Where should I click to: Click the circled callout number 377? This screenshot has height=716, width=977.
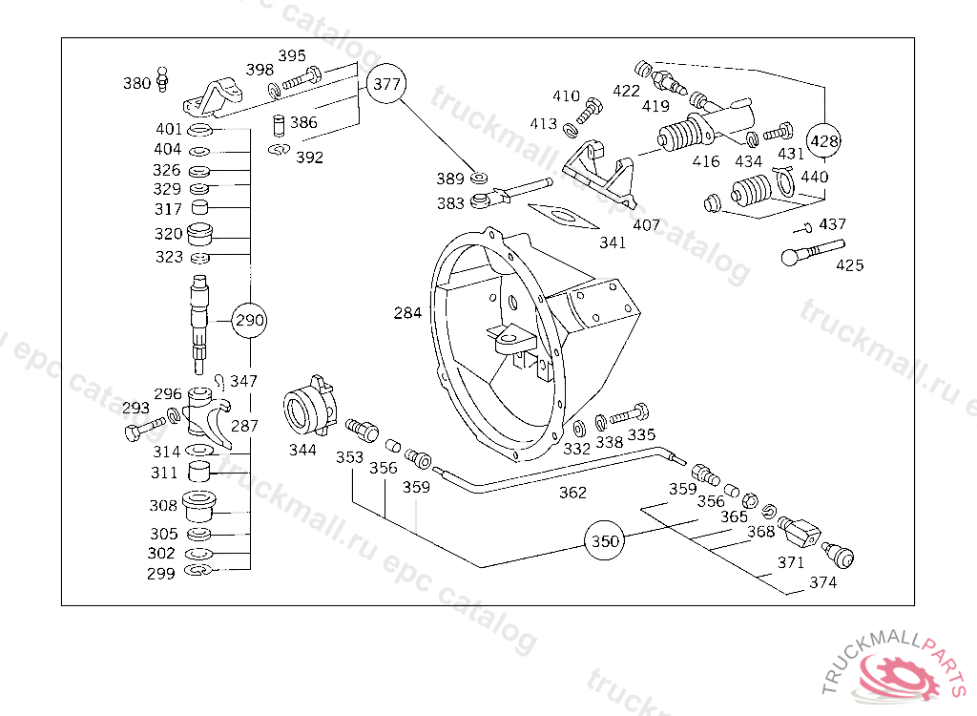pos(386,84)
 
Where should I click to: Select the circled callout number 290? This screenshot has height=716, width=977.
pos(250,320)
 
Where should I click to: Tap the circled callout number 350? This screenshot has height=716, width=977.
pos(604,540)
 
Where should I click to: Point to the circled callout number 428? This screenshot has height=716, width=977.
pos(823,141)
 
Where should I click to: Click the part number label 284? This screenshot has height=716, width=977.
pos(407,312)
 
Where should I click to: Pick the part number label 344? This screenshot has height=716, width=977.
pos(302,450)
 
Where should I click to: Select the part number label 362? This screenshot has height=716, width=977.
pos(572,493)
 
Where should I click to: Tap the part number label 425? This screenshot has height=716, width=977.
pos(850,265)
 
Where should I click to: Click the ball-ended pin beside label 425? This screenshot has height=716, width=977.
pos(813,252)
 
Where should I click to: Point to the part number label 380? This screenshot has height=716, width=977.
pos(137,84)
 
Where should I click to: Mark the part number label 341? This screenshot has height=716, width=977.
pos(613,242)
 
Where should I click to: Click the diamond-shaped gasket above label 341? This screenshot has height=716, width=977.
pos(563,217)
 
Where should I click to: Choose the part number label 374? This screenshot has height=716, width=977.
pos(823,582)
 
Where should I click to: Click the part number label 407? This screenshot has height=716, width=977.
pos(646,224)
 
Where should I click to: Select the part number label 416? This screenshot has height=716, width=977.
pos(706,161)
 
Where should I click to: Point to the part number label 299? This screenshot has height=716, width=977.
pos(160,574)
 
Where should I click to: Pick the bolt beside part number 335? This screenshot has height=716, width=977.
pos(630,414)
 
